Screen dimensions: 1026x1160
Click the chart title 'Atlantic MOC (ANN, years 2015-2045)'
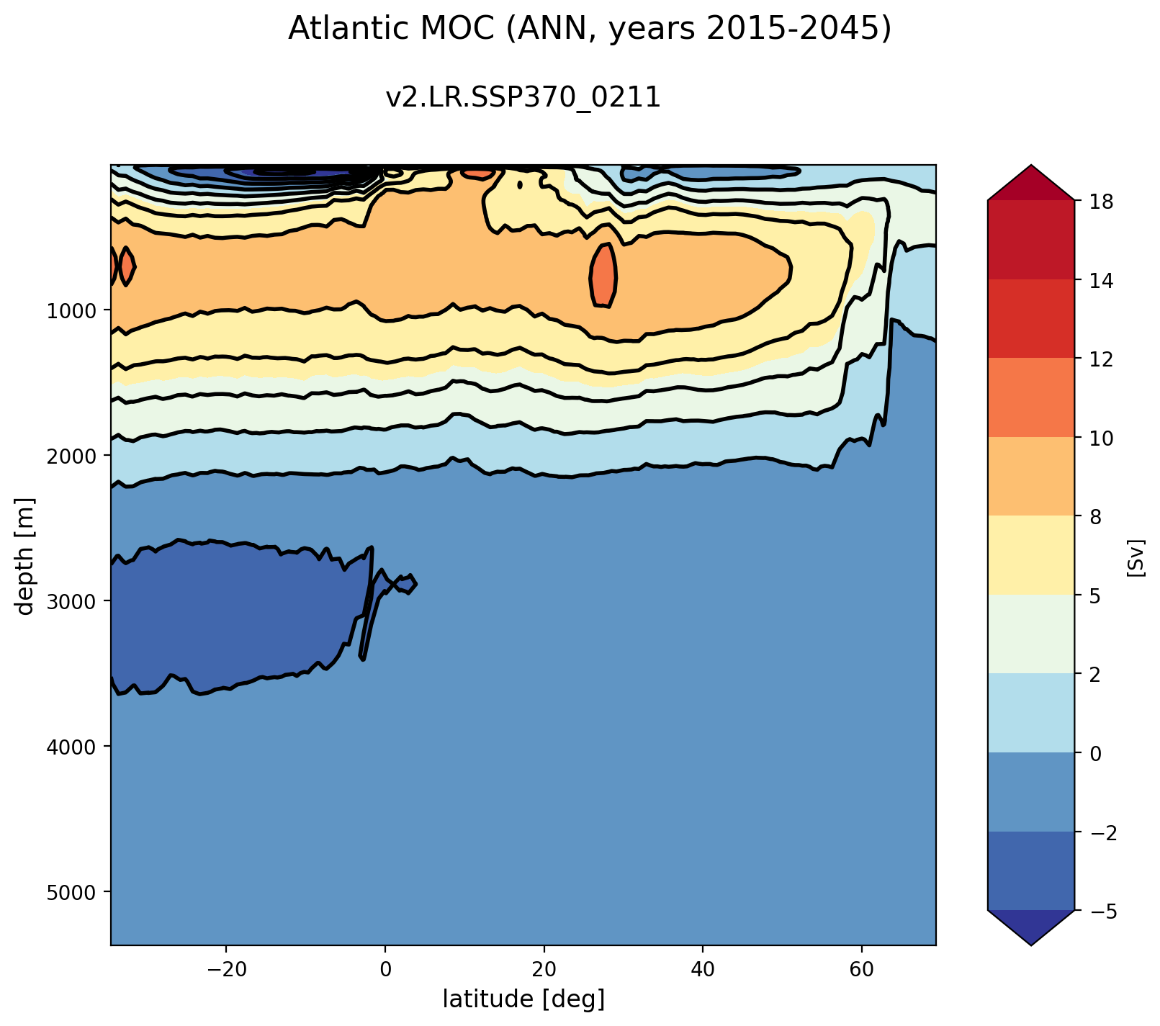pos(590,29)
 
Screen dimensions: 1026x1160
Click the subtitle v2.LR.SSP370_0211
pos(523,97)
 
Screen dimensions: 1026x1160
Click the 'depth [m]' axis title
pos(26,555)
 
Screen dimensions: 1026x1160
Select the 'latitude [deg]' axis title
pos(523,999)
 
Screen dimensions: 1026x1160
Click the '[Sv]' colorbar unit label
pos(1136,556)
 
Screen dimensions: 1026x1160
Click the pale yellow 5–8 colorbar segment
pos(1031,555)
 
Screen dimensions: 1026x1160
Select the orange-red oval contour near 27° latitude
pos(603,276)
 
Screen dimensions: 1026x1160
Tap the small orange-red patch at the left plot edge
pos(127,266)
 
